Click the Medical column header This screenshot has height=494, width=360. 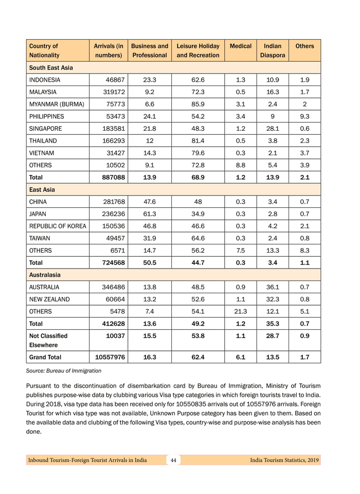[x=240, y=46]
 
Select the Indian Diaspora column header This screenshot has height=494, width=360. [x=272, y=50]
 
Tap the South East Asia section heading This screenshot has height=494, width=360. [x=51, y=67]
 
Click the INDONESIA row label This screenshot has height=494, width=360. [x=45, y=80]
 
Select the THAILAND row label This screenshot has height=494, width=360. [x=43, y=140]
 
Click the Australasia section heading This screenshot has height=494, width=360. [x=46, y=275]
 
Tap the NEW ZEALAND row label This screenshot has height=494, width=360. [x=49, y=299]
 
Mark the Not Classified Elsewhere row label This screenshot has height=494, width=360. [x=48, y=340]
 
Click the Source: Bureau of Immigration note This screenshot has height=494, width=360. [x=64, y=370]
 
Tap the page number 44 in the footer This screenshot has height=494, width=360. [x=173, y=460]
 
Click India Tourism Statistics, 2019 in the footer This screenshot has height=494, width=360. [x=284, y=460]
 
